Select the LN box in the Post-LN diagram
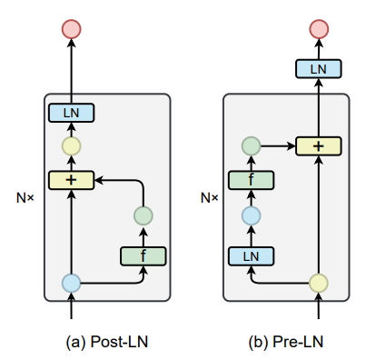71,114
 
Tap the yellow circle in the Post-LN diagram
71,146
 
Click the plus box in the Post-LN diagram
71,180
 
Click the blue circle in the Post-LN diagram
71,283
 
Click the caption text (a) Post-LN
106,342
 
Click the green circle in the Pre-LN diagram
252,145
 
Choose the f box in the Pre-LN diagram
252,180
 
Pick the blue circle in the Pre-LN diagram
252,216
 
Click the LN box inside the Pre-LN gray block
252,255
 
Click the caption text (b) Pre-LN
286,342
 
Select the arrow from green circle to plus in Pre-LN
278,145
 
